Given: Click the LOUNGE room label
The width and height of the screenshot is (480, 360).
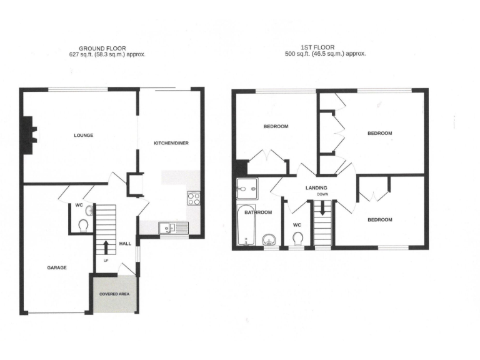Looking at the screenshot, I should pyautogui.click(x=83, y=136).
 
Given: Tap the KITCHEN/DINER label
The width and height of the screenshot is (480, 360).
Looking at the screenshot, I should pyautogui.click(x=171, y=143).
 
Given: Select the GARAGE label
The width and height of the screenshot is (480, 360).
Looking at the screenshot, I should pyautogui.click(x=56, y=267).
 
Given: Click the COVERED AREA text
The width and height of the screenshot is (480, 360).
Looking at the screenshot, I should pyautogui.click(x=113, y=293).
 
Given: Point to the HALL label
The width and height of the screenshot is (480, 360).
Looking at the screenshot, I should pyautogui.click(x=125, y=243).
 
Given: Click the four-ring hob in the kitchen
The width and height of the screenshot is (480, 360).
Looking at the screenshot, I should pyautogui.click(x=194, y=199).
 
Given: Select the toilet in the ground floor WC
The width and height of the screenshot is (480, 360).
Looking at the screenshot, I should pyautogui.click(x=83, y=224).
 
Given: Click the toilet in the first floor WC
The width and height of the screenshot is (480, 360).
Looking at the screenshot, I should pyautogui.click(x=297, y=238).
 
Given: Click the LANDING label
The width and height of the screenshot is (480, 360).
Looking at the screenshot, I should pyautogui.click(x=317, y=187).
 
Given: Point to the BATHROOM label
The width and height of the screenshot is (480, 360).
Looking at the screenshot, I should pyautogui.click(x=258, y=212).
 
